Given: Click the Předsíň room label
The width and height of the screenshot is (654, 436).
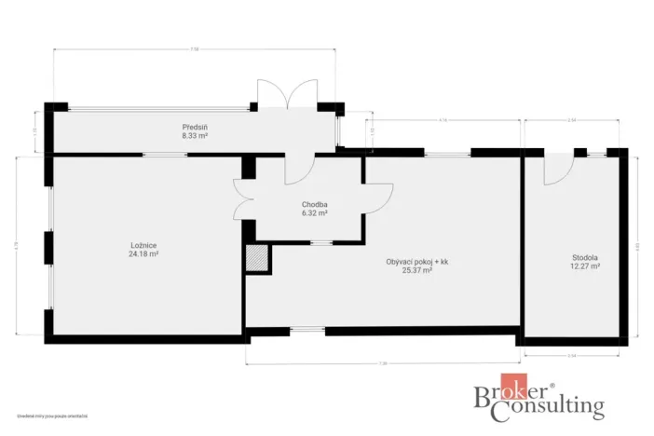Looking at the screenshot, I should (195, 127).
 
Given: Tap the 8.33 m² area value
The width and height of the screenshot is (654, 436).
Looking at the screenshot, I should (195, 135).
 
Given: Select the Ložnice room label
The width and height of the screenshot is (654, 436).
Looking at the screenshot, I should (143, 246).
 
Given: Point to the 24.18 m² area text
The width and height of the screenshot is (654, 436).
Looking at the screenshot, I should (143, 254).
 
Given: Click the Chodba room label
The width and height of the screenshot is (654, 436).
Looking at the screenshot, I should (314, 205).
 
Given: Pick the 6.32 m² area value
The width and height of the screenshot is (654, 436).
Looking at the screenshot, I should (314, 213).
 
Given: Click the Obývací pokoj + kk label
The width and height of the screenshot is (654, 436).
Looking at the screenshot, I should (417, 262).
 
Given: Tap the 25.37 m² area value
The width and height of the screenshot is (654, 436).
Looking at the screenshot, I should (416, 270).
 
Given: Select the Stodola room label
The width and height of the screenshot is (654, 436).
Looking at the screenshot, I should (585, 257).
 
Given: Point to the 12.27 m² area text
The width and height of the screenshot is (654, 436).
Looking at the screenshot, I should (585, 266).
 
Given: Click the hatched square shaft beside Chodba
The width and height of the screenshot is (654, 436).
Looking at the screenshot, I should (256, 258).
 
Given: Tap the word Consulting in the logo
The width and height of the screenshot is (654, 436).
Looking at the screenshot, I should (553, 407).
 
